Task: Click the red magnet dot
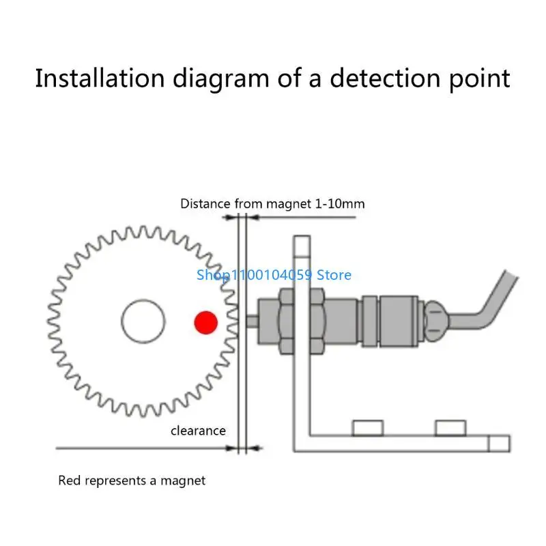(x=206, y=322)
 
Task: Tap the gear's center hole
(x=143, y=321)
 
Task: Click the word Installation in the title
(x=100, y=78)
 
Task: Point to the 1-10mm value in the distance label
(x=339, y=203)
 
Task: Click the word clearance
(x=198, y=431)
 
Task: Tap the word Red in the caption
(x=70, y=480)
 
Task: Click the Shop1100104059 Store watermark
(x=274, y=275)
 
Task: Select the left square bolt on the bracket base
(x=368, y=428)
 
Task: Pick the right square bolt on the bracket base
(x=450, y=428)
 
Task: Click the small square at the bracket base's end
(x=500, y=444)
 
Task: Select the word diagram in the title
(x=221, y=78)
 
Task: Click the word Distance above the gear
(x=205, y=203)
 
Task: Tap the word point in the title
(x=480, y=78)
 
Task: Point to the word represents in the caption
(x=115, y=481)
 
